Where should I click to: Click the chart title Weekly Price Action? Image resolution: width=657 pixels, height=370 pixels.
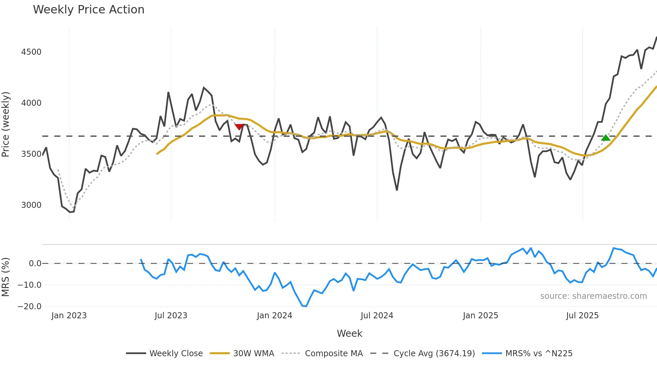88,10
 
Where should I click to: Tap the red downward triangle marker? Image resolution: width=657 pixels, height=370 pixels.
239,127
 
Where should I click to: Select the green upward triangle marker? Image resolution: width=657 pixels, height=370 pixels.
605,138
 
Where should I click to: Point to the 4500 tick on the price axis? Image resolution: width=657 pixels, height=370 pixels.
31,52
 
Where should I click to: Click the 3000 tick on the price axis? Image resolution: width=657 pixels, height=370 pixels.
31,205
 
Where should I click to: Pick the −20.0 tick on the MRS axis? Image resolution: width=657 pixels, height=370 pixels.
29,307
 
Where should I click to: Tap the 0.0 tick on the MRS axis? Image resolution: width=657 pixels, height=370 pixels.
35,264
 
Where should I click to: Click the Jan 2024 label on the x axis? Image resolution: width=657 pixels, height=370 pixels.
274,316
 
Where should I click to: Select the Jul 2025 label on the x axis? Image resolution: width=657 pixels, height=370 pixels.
582,316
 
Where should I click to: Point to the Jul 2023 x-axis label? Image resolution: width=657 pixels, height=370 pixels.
171,316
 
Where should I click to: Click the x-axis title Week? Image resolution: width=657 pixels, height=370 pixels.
349,333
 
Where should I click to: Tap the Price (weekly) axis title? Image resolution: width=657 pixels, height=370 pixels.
6,124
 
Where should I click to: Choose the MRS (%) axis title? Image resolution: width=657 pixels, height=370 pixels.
6,277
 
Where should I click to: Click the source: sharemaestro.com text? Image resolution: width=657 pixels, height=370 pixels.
593,296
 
